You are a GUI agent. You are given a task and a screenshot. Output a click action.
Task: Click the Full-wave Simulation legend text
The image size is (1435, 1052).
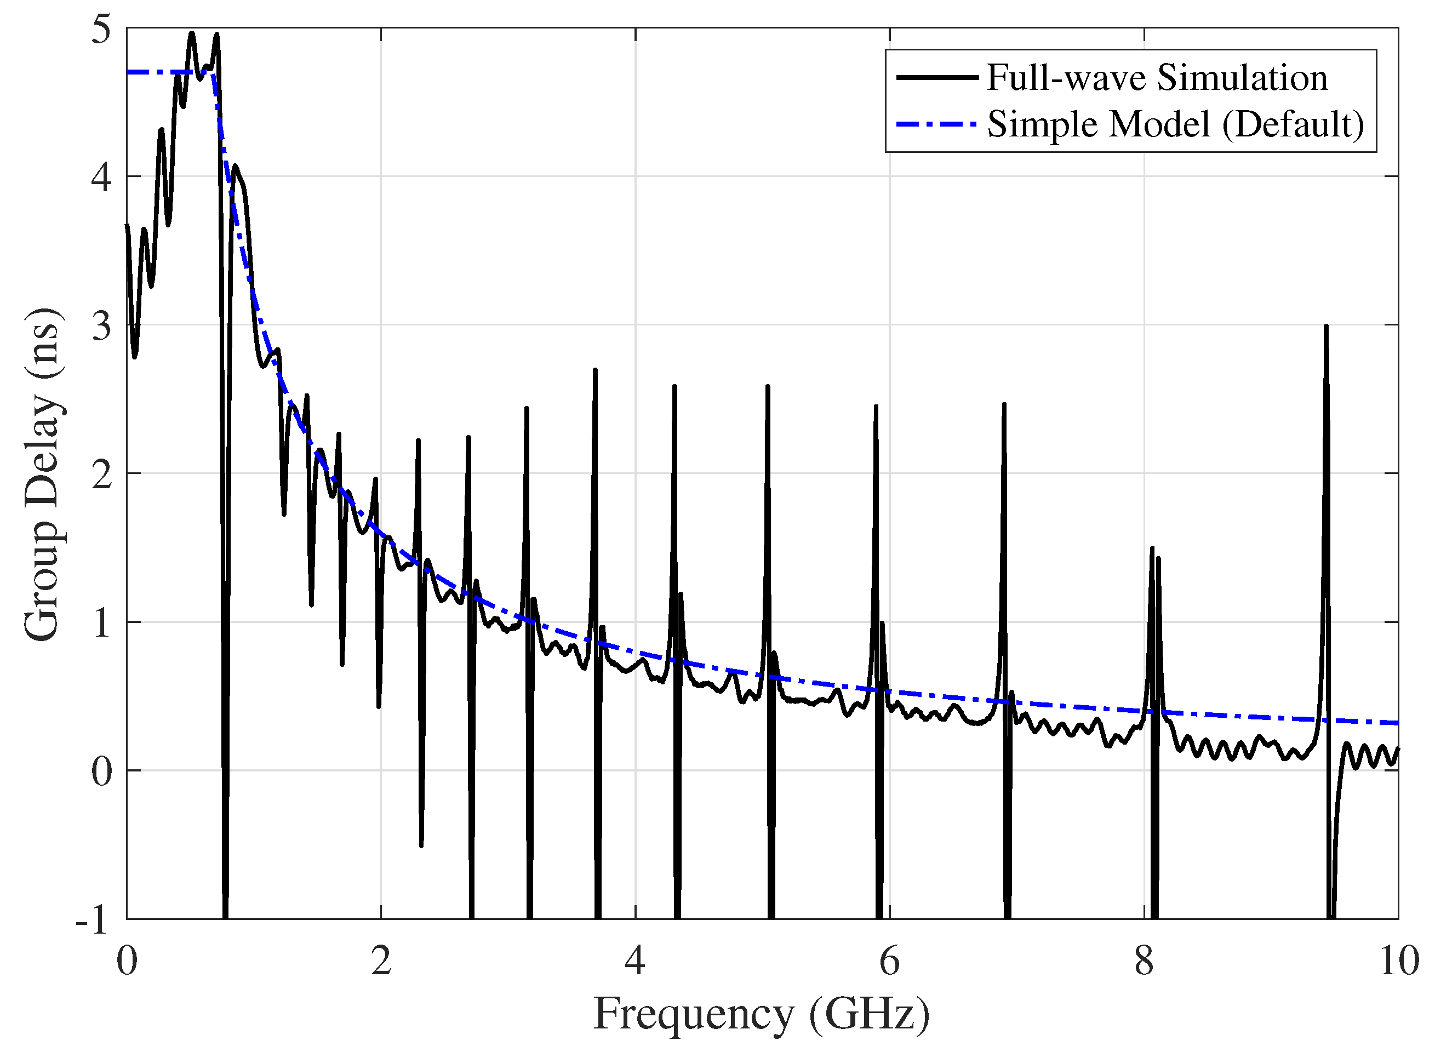1157,78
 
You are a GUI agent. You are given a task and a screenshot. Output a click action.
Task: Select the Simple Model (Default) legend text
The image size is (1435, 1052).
1175,124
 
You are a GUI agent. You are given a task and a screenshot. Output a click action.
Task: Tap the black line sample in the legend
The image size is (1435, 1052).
936,78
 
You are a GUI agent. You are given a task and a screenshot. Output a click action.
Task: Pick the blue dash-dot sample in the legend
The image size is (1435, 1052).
936,124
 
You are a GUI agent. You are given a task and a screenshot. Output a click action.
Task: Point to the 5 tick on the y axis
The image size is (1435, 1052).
101,29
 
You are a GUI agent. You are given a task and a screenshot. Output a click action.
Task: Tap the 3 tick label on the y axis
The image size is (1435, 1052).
101,325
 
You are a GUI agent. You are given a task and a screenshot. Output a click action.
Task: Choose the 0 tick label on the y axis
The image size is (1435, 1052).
101,771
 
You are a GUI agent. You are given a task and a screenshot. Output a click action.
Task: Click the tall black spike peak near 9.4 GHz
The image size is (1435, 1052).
1326,327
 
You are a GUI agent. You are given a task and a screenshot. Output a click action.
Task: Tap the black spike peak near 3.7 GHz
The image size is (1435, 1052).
595,370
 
